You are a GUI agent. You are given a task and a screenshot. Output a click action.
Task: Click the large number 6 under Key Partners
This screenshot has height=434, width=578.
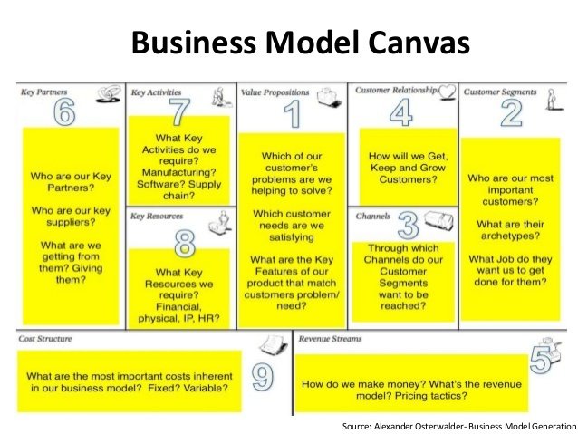pyautogui.click(x=63, y=113)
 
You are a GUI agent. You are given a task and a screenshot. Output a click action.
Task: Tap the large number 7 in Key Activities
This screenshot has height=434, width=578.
pyautogui.click(x=180, y=112)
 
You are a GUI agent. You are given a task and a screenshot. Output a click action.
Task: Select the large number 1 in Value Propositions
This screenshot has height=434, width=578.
pyautogui.click(x=292, y=116)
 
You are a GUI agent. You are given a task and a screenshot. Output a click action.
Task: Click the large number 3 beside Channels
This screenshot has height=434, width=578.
pyautogui.click(x=408, y=223)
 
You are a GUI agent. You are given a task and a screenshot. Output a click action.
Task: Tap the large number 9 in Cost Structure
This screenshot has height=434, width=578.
pyautogui.click(x=262, y=376)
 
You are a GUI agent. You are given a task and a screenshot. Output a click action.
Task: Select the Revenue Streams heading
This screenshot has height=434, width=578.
pyautogui.click(x=332, y=339)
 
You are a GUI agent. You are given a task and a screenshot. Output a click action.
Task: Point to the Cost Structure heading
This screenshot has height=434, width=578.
pyautogui.click(x=45, y=339)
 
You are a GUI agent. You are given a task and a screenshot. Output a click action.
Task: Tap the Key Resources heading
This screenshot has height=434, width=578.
pyautogui.click(x=158, y=217)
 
